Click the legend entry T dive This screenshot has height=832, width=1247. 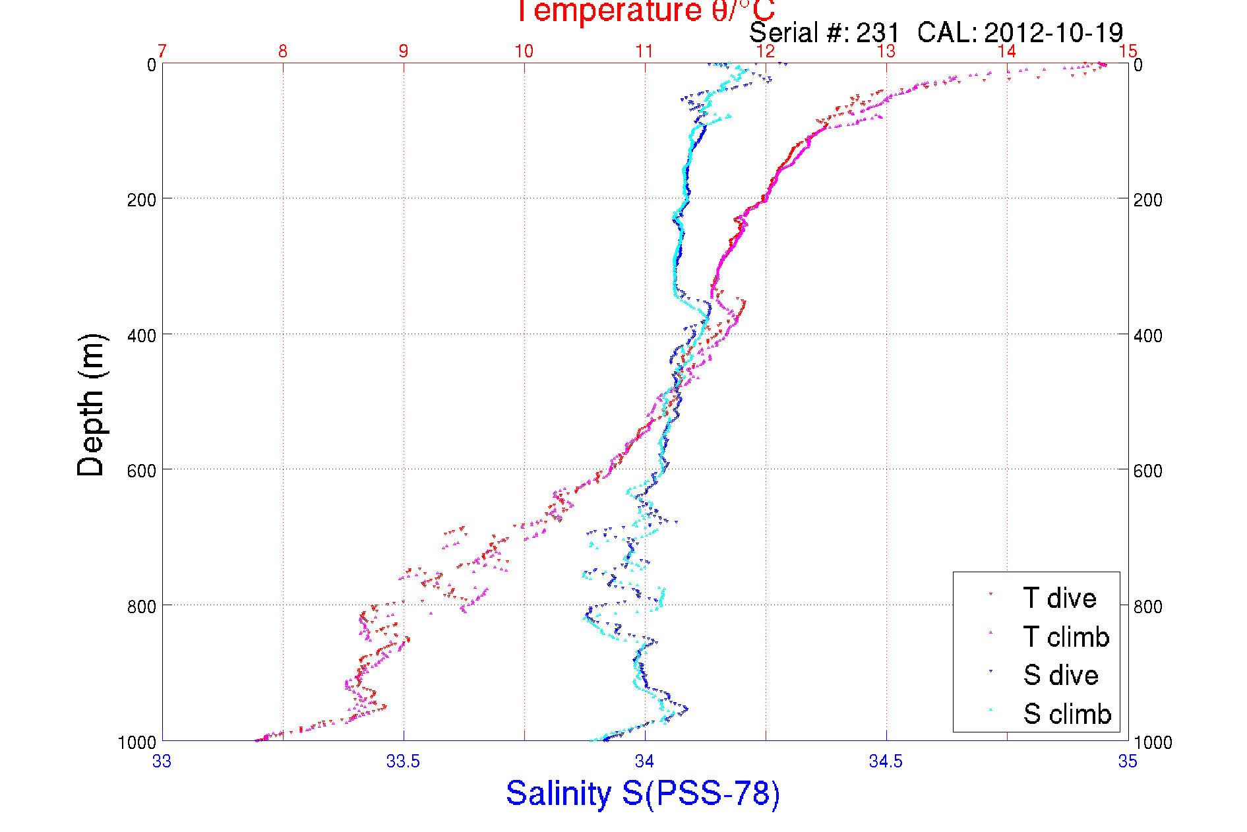(1059, 599)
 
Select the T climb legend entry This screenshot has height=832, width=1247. (1066, 637)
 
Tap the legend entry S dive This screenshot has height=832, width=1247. (1060, 675)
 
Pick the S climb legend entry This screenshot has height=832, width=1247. (1067, 714)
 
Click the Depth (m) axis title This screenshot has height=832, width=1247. (91, 405)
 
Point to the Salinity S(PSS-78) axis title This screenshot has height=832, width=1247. (643, 793)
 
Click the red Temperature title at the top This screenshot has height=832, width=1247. (644, 11)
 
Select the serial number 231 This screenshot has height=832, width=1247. (878, 33)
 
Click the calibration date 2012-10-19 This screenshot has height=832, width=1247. (1053, 33)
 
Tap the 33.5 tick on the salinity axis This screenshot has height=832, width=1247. (403, 761)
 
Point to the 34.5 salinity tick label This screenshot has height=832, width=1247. (886, 761)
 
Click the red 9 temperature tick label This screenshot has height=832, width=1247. (404, 51)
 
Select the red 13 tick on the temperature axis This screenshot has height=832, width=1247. (886, 51)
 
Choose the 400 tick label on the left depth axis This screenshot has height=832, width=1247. (141, 336)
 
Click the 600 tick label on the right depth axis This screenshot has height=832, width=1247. (1148, 471)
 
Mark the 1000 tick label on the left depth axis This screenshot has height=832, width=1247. (137, 743)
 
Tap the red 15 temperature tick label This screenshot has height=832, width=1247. (1128, 51)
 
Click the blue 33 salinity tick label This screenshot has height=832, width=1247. (162, 761)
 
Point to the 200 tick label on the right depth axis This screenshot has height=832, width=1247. (1148, 200)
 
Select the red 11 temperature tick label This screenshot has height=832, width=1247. (644, 51)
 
